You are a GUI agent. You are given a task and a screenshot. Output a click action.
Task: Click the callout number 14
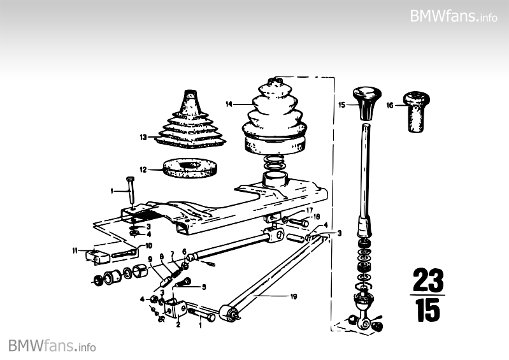point(229,104)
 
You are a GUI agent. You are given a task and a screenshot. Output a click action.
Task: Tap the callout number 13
point(143,136)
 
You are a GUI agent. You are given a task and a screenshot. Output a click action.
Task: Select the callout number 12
point(143,169)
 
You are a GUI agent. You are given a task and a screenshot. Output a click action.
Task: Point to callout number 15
point(342,104)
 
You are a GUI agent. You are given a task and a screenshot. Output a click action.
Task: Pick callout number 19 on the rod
point(294,296)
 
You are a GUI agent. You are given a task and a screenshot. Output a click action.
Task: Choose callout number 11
point(75,250)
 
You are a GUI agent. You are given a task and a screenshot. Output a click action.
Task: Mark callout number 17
point(310,210)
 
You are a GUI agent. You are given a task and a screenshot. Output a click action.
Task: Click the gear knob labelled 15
point(368,102)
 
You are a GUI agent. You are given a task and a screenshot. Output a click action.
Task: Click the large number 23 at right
point(427,280)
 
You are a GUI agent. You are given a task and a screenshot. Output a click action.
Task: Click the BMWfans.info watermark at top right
point(454,15)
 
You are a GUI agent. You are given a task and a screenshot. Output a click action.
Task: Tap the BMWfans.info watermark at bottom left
point(52,346)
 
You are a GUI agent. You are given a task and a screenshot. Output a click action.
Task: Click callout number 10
point(148,245)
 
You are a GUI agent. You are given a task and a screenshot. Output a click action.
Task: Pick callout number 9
point(150,259)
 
